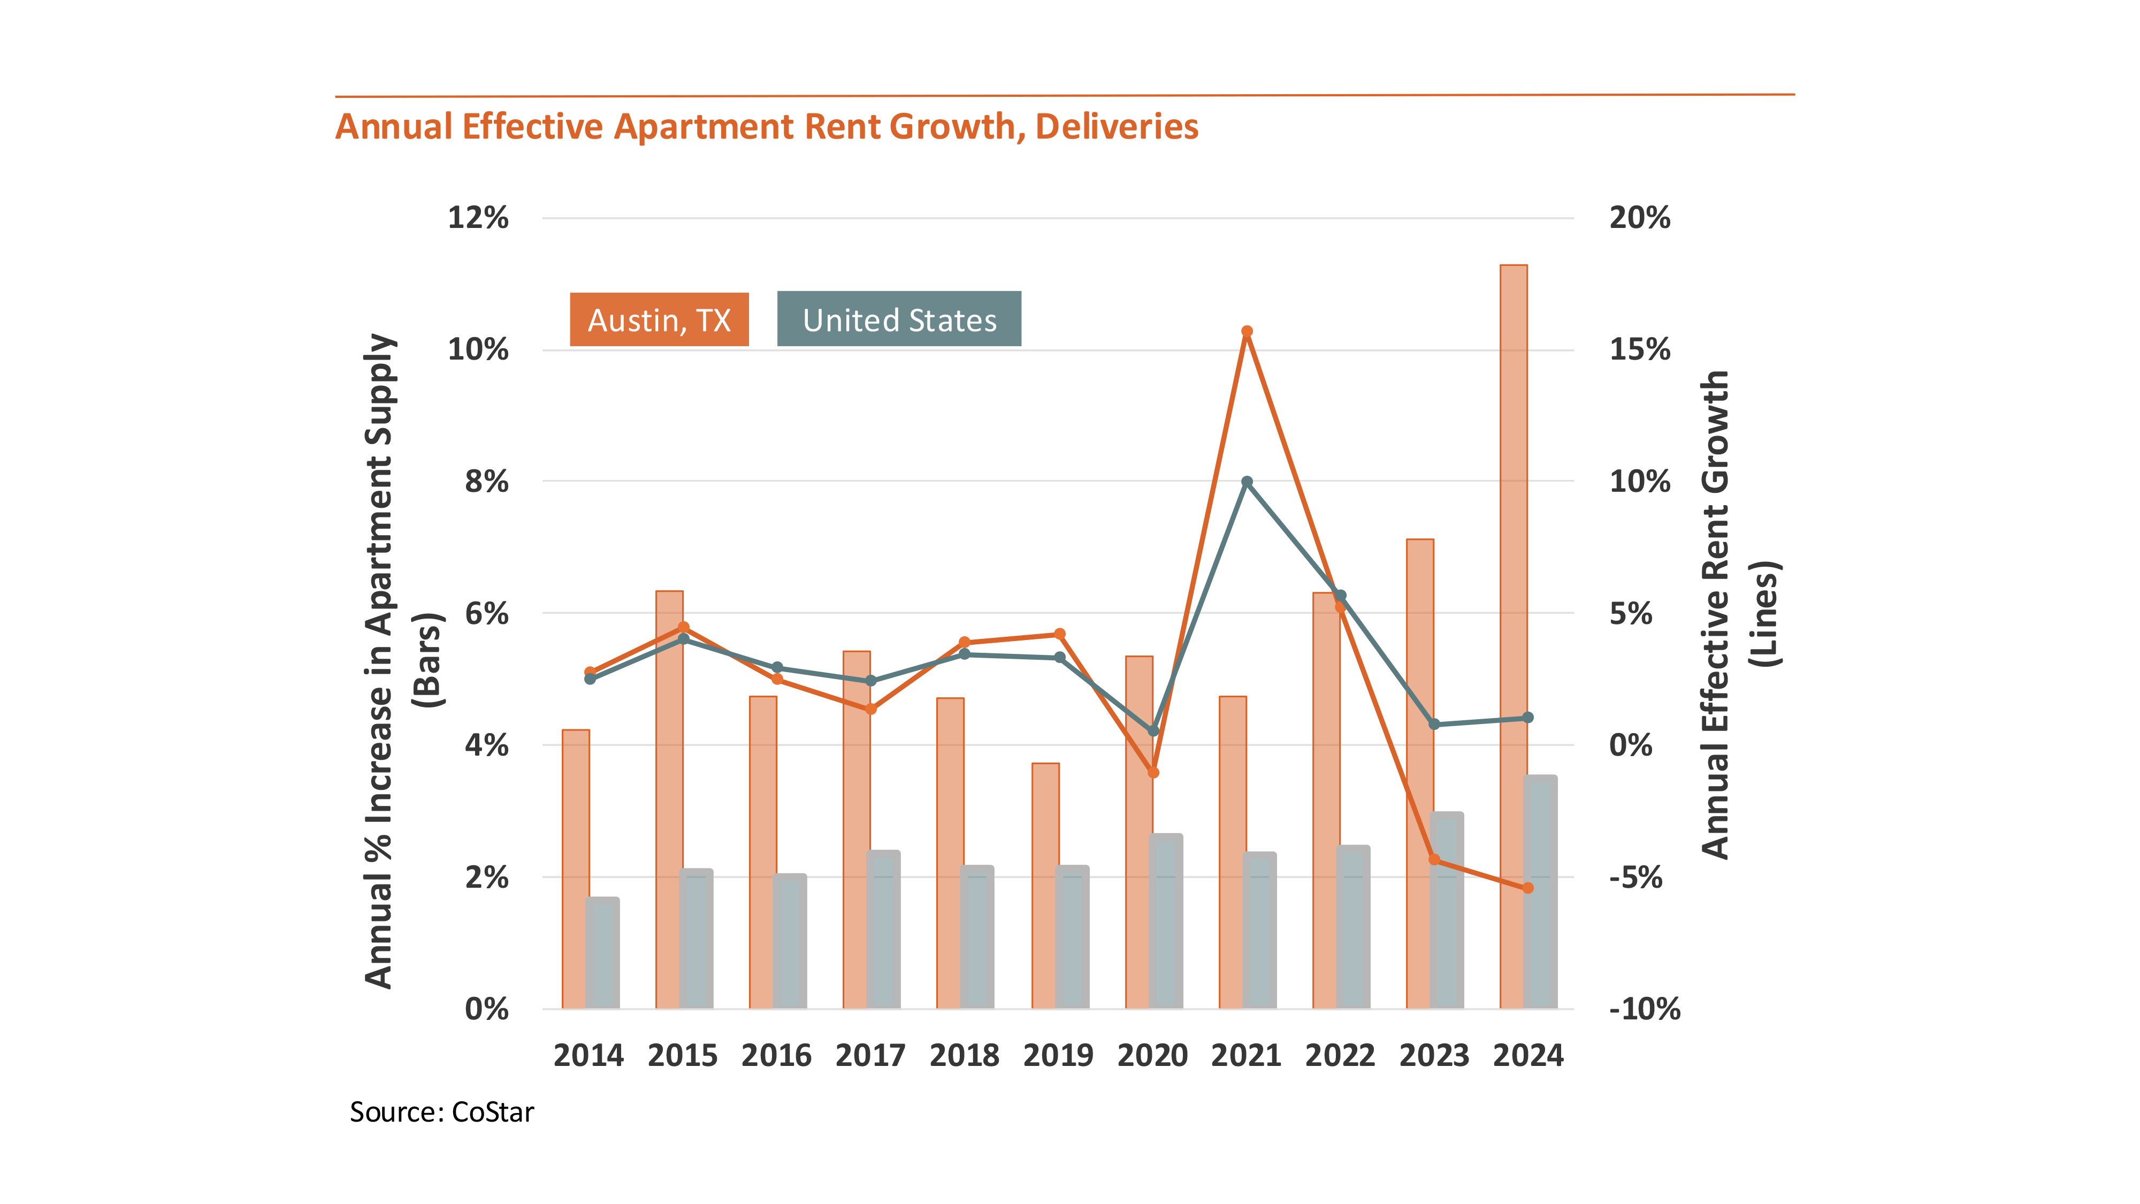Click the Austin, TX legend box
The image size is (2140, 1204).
(659, 320)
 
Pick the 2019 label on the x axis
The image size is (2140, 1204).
(1058, 1055)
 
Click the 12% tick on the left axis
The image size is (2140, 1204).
(478, 218)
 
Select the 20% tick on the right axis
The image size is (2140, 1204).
(1639, 218)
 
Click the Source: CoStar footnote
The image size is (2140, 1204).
(441, 1112)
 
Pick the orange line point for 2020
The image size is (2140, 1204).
(1153, 773)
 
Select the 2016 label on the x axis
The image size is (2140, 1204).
(776, 1055)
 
